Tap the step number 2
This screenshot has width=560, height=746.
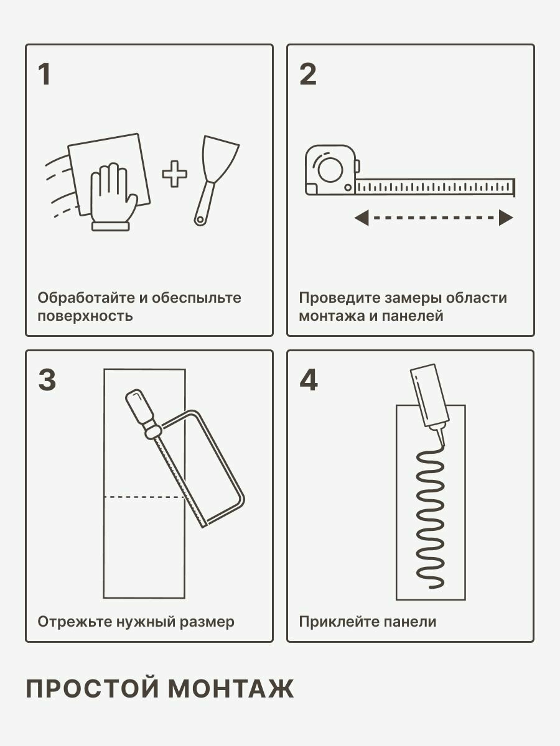coord(308,74)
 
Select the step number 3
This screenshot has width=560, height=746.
coord(47,380)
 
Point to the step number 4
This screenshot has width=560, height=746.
coord(309,380)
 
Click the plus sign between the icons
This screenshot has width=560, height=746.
coord(174,173)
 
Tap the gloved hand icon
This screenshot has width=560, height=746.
coord(113,197)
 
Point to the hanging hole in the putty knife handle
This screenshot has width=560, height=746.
coord(200,220)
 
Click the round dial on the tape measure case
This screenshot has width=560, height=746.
coord(330,170)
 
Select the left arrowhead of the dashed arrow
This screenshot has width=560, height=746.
coord(361,218)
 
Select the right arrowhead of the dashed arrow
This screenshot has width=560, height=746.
coord(506,218)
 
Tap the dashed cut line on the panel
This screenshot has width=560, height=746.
coord(144,497)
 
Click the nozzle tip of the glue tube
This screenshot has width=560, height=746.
coord(444,444)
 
